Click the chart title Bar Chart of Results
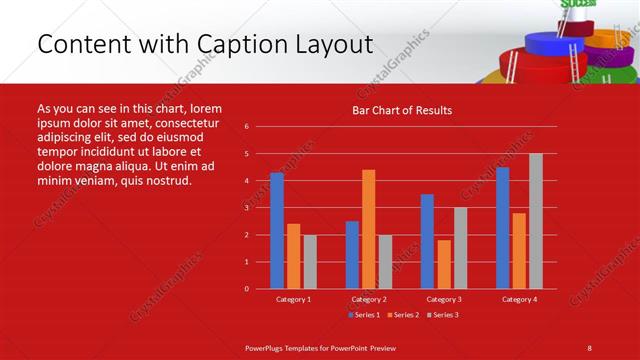[402, 110]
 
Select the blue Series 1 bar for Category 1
[277, 230]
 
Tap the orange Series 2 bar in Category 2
[369, 229]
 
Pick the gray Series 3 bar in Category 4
[536, 221]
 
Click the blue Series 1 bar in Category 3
[427, 241]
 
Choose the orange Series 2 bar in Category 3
[444, 264]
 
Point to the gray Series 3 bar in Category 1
[310, 261]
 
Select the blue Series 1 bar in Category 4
[502, 228]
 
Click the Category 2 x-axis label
[369, 299]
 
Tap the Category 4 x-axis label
[519, 299]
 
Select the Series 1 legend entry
[365, 314]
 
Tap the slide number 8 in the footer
[589, 347]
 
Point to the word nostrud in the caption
[166, 180]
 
